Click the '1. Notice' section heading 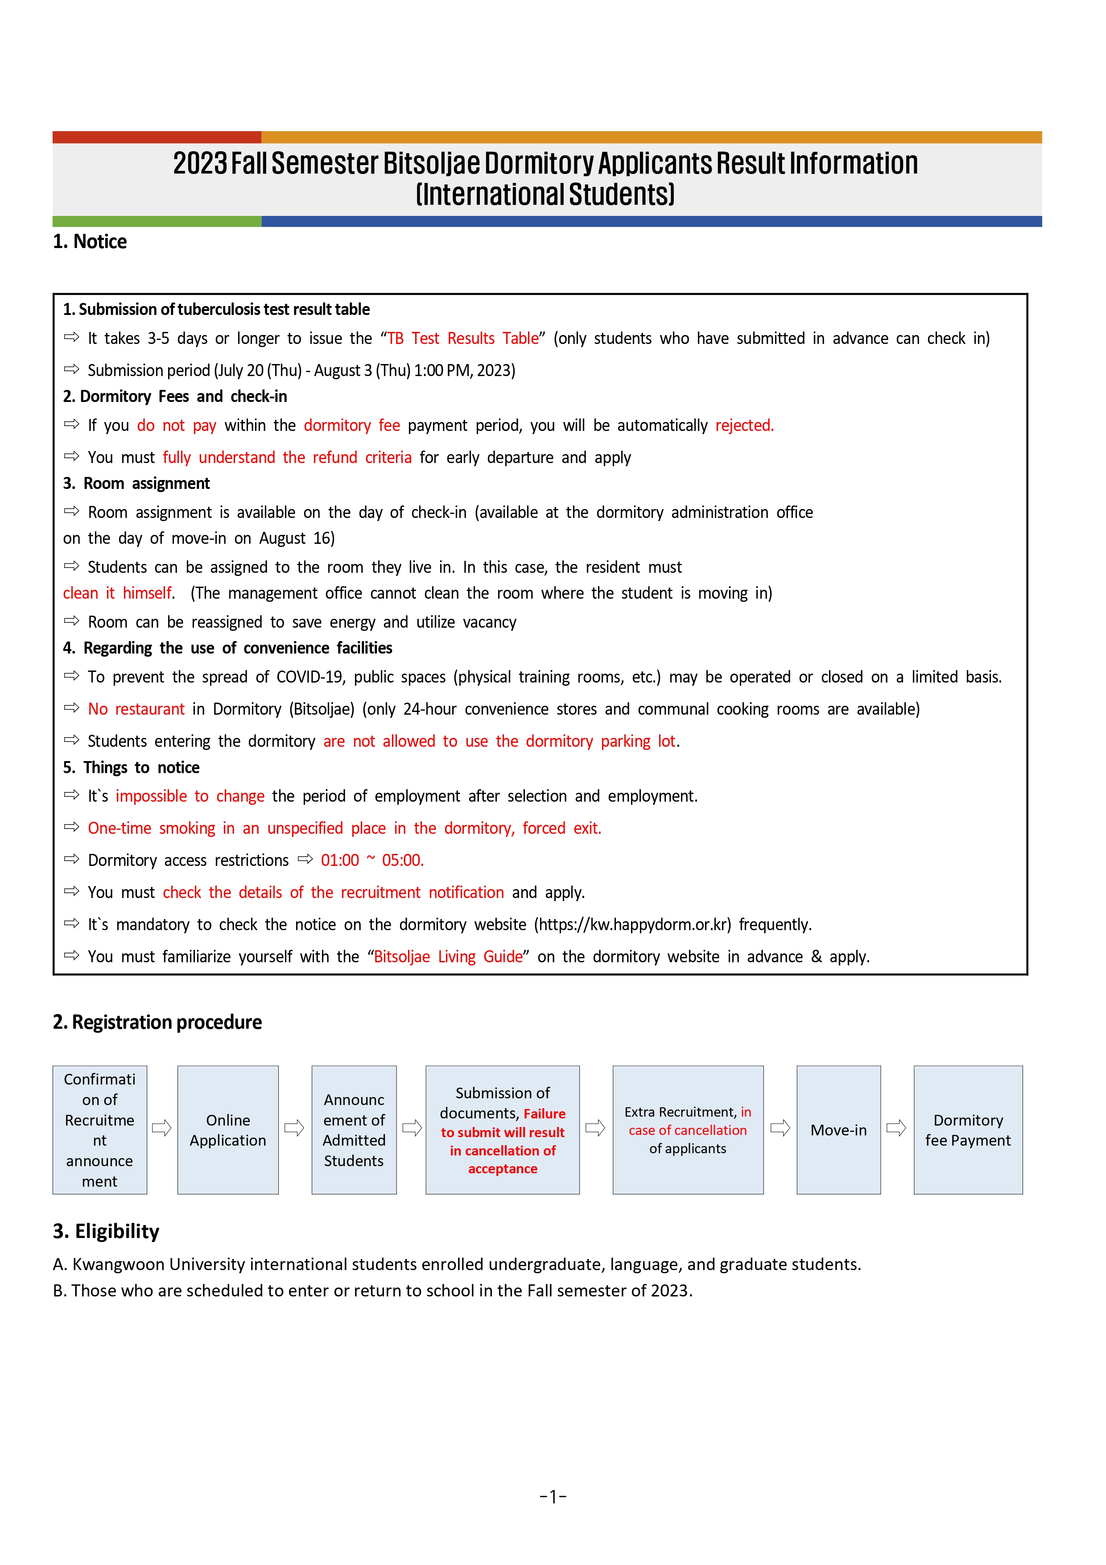[90, 242]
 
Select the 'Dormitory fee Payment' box [968, 1130]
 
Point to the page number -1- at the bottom [553, 1497]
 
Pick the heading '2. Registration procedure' [157, 1023]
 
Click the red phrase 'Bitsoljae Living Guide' [448, 956]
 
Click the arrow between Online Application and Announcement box [294, 1128]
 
